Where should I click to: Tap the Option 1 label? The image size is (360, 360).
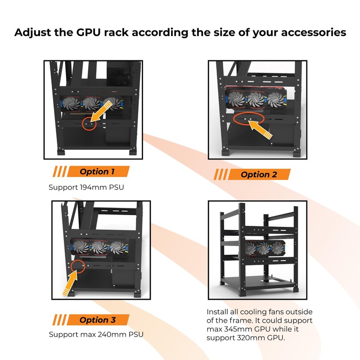pyautogui.click(x=94, y=171)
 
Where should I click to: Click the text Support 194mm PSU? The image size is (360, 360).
pyautogui.click(x=86, y=186)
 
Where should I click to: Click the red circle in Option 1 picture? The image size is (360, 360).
pyautogui.click(x=89, y=122)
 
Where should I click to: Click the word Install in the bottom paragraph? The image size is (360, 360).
pyautogui.click(x=217, y=312)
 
